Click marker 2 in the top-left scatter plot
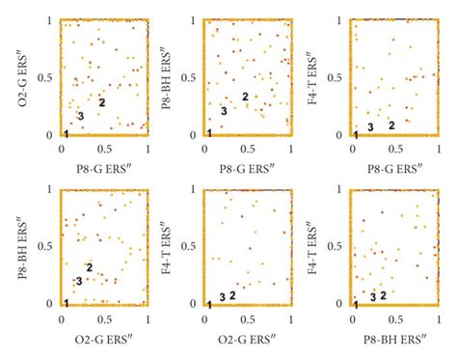click(x=101, y=101)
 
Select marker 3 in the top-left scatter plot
click(x=80, y=116)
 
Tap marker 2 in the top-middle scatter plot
click(x=245, y=96)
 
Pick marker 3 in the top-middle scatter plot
click(x=224, y=111)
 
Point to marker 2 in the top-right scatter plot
click(x=391, y=125)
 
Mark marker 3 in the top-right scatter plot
click(x=370, y=126)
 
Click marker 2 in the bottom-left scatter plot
click(x=89, y=267)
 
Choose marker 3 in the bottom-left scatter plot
click(x=79, y=281)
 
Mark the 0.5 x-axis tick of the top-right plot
click(x=394, y=149)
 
